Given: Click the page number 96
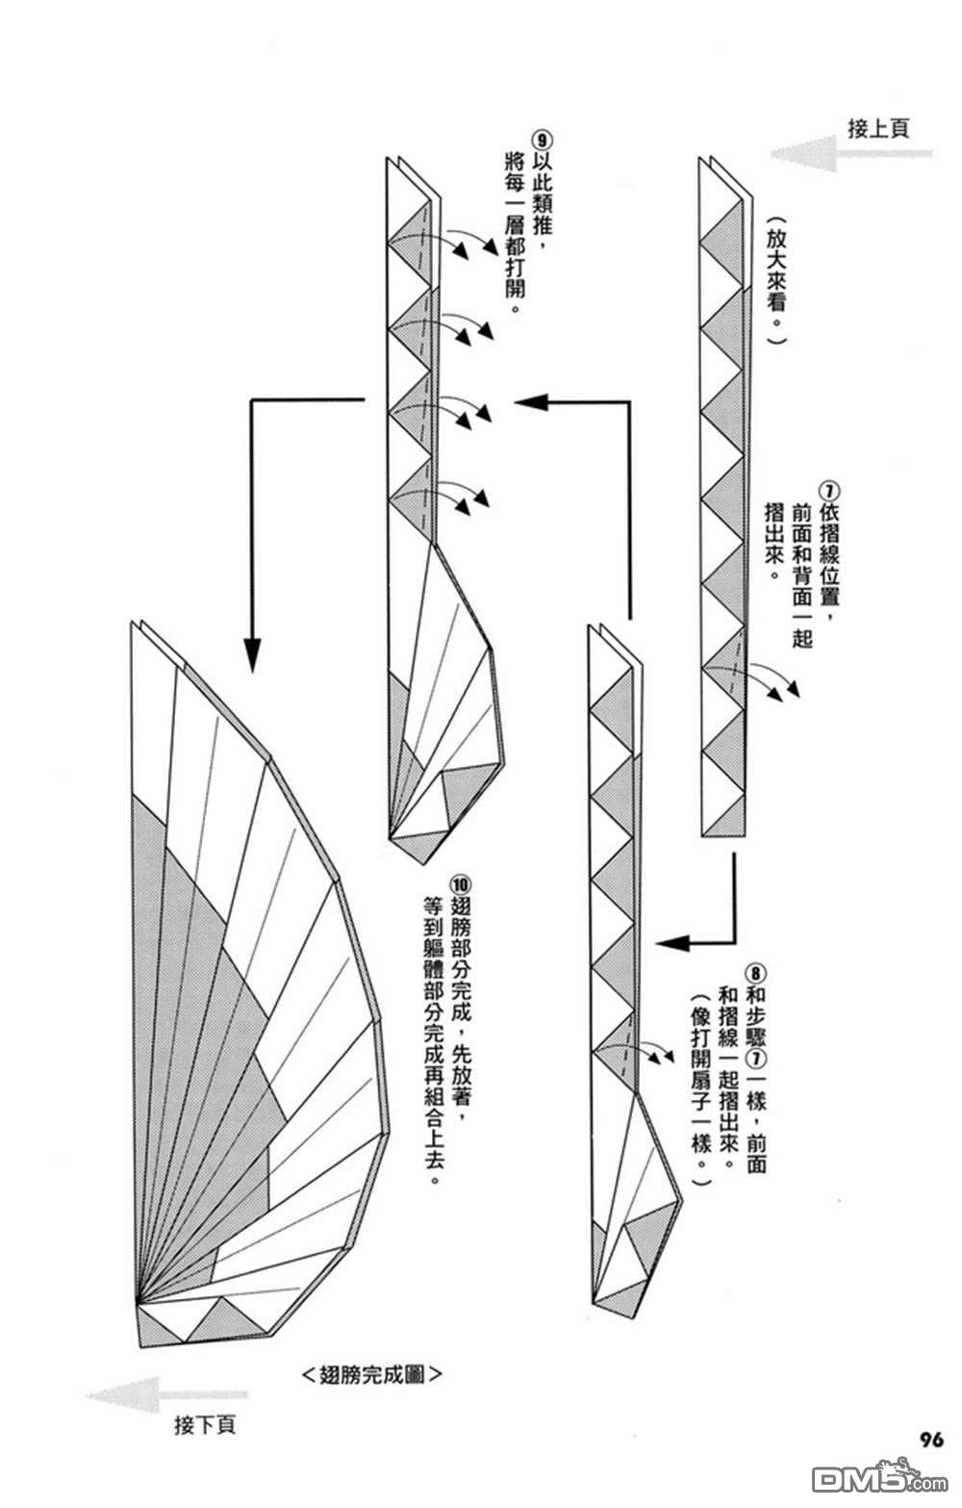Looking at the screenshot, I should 930,1440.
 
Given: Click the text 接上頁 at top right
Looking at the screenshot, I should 877,127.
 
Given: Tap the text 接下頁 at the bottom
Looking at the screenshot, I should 204,1424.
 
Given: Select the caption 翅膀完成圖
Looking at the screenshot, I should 371,1374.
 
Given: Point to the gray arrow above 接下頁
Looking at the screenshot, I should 164,1394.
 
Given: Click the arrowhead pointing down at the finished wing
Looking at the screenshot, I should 251,655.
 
